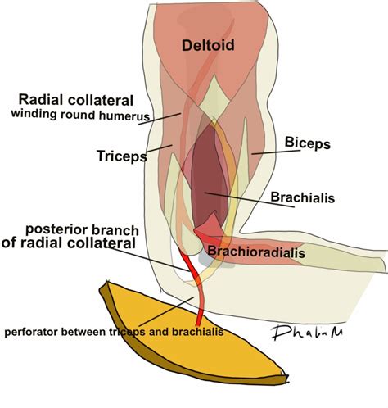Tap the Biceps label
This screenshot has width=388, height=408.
(307, 143)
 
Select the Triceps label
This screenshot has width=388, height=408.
(121, 153)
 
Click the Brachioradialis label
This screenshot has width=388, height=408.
(256, 253)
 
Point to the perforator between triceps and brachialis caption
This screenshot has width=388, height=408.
(113, 333)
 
